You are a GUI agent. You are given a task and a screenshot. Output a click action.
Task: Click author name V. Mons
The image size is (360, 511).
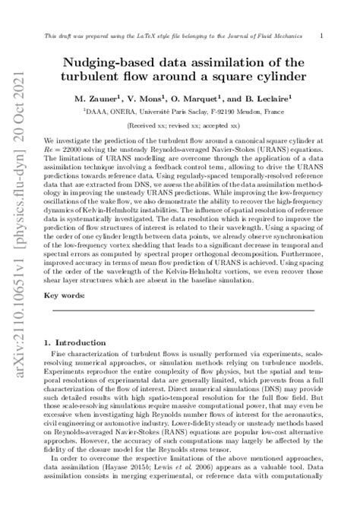click(x=162, y=99)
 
